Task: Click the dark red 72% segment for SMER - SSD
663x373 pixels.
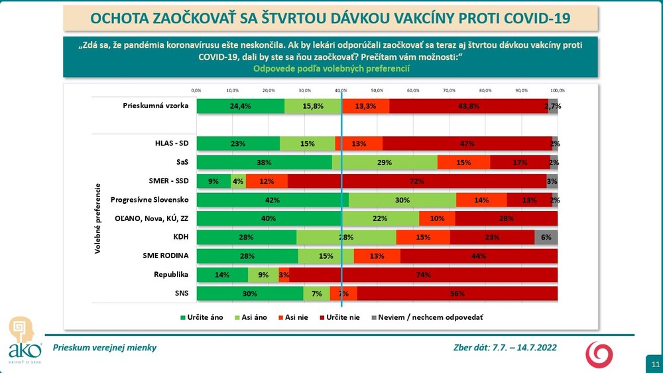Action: click(x=418, y=181)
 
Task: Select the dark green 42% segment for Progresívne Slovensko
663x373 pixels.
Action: click(x=272, y=200)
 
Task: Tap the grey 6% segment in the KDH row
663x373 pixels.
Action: click(x=546, y=237)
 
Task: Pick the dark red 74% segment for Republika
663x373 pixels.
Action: click(x=423, y=275)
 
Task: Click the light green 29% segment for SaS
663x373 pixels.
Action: click(x=385, y=162)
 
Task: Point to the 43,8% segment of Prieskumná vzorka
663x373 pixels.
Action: click(x=469, y=106)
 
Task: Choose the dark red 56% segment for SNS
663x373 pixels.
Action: click(x=457, y=293)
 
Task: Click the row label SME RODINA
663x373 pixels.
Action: click(x=166, y=256)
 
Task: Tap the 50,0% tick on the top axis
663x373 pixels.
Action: click(x=377, y=90)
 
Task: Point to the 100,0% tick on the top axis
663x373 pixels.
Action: click(x=557, y=90)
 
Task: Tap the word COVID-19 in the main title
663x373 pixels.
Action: click(x=529, y=17)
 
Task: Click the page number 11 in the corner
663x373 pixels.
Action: click(x=655, y=364)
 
